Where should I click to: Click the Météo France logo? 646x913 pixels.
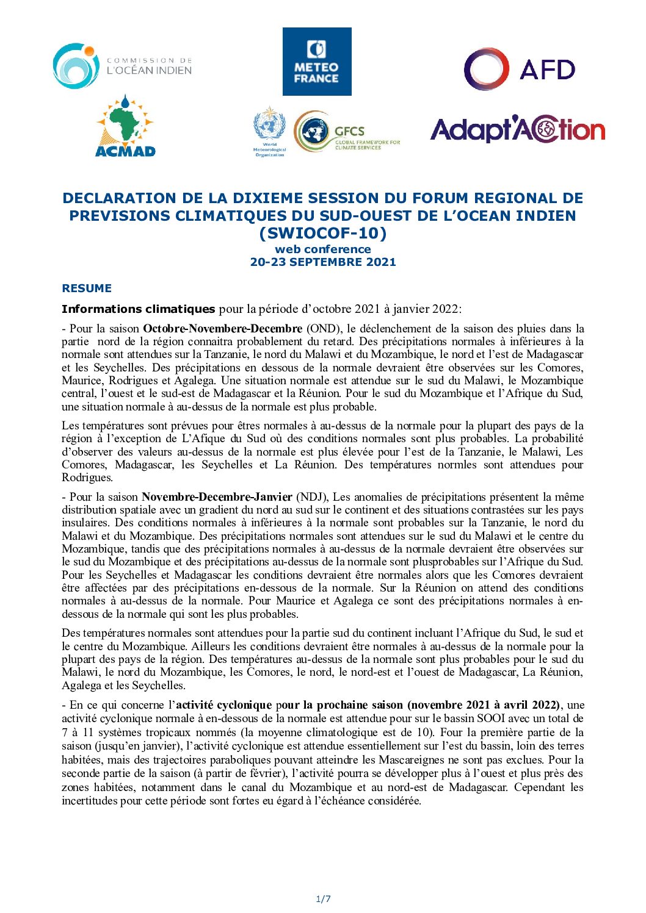317,62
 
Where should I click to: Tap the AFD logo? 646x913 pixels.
520,69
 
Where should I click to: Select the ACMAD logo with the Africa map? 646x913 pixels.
125,126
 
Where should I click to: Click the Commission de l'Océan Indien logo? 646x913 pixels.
122,66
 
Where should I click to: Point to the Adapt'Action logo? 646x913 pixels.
517,130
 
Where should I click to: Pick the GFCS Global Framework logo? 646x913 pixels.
347,132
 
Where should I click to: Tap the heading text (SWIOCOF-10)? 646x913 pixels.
323,233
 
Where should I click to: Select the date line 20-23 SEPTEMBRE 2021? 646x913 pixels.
323,262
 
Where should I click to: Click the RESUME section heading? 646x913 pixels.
87,288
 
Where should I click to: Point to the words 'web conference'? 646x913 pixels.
323,249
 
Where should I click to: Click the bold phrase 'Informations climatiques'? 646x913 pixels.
139,309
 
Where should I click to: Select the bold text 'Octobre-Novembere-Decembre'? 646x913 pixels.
223,329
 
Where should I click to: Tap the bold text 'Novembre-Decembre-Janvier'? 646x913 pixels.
218,497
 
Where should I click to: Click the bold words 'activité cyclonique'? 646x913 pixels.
223,705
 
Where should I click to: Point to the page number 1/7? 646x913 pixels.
323,899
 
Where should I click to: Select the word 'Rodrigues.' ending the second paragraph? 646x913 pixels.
87,478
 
